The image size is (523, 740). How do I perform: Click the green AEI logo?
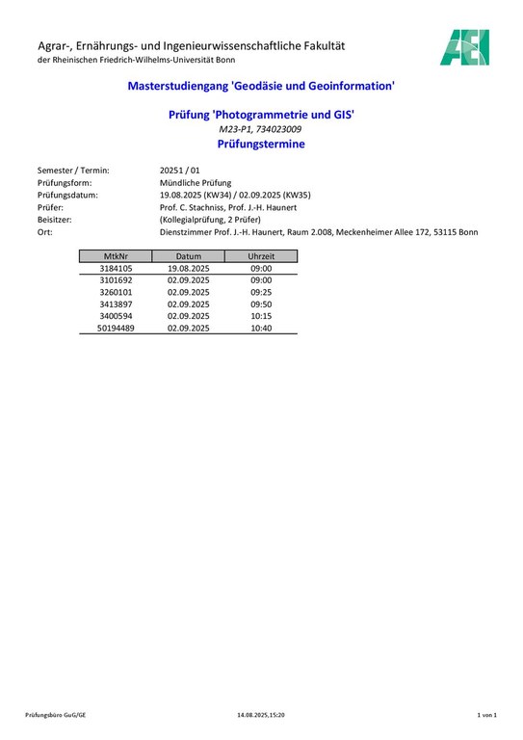[x=465, y=47]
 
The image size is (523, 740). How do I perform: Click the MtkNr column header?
[x=116, y=256]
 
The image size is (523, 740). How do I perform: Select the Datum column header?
[x=188, y=256]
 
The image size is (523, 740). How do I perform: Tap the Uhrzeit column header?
[x=261, y=256]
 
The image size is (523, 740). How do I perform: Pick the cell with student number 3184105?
[x=116, y=268]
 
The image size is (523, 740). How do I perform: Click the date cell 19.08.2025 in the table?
[x=188, y=268]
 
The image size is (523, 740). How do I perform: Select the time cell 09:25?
[x=261, y=292]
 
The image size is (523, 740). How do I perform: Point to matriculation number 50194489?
[x=116, y=329]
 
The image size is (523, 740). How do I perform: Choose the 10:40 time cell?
[x=261, y=329]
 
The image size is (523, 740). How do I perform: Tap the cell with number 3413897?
[x=116, y=304]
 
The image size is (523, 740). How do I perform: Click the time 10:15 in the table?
[x=261, y=316]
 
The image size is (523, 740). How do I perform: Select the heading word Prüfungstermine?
[x=261, y=145]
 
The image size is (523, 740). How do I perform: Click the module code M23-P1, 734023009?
[x=261, y=129]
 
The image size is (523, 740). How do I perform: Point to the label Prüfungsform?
[x=66, y=182]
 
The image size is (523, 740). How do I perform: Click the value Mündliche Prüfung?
[x=196, y=182]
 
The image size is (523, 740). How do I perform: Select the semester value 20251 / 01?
[x=180, y=170]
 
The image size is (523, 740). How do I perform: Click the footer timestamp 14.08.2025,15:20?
[x=261, y=716]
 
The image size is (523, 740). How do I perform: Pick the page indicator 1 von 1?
[x=486, y=716]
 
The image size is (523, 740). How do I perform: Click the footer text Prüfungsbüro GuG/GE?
[x=56, y=716]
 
